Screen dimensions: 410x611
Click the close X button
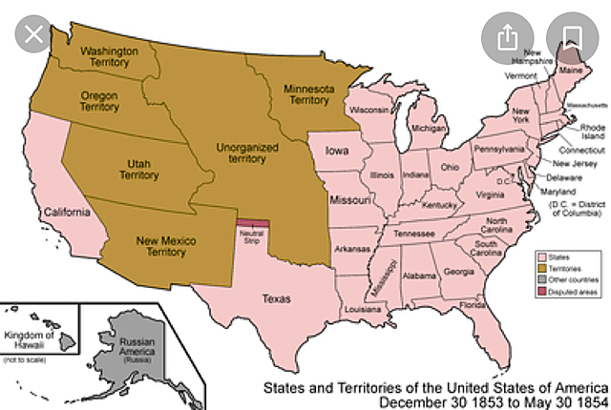pos(35,36)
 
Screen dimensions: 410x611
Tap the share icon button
pos(507,36)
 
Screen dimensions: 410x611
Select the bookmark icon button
pos(573,36)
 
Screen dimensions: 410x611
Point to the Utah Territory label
pos(139,169)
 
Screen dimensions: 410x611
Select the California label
pos(65,212)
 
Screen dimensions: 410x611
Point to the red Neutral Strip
pos(252,225)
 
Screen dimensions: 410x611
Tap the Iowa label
pos(336,151)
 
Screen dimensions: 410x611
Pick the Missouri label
pos(349,202)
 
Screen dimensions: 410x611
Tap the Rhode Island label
pos(593,133)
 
